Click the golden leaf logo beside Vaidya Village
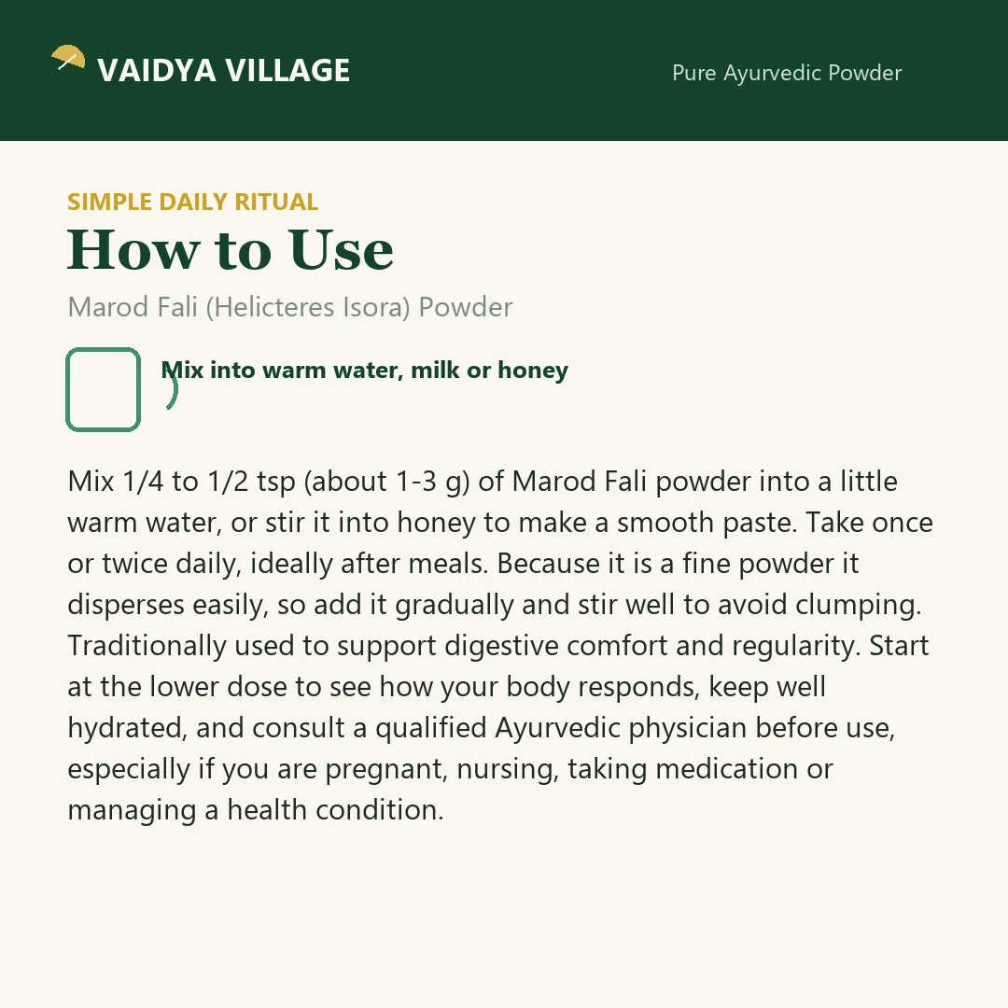click(68, 57)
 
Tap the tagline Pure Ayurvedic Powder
click(787, 74)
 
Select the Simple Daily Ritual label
click(193, 202)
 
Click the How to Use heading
click(231, 249)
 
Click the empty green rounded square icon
click(103, 389)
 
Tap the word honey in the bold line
click(533, 371)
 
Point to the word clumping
click(859, 606)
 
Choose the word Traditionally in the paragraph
click(147, 646)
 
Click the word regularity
click(796, 646)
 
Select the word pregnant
click(386, 769)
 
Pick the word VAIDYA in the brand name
click(156, 71)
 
